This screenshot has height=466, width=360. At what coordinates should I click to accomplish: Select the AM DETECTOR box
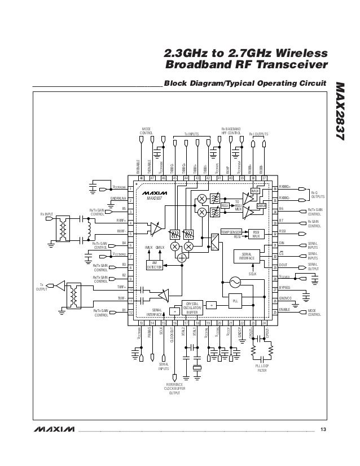point(155,266)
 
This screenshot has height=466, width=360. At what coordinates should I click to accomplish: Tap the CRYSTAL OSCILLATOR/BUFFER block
point(191,307)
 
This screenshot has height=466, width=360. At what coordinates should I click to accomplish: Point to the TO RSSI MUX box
point(238,206)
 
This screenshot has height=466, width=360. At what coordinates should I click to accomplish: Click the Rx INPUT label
point(46,214)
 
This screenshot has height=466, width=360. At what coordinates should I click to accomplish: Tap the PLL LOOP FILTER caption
point(262,368)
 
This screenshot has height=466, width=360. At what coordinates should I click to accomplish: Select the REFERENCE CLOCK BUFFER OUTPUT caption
point(175,389)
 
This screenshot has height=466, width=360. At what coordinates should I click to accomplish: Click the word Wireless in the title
point(297,54)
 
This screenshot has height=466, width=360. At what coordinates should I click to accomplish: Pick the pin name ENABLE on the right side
point(286,310)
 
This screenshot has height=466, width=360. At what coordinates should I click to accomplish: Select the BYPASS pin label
point(286,288)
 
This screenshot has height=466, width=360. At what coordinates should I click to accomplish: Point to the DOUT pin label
point(284,265)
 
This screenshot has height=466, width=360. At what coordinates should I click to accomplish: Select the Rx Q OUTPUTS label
point(317,195)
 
